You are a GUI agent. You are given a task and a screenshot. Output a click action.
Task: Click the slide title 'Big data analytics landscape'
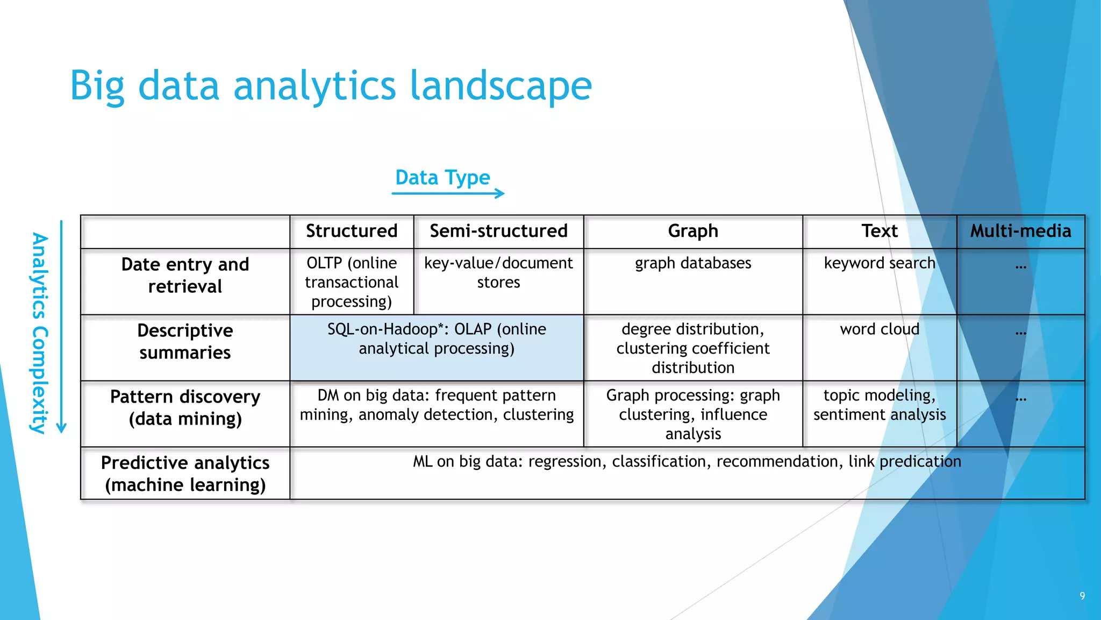click(x=331, y=86)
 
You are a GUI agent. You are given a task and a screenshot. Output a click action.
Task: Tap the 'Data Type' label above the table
click(x=442, y=178)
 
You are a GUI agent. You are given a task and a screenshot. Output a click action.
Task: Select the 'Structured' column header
click(x=352, y=231)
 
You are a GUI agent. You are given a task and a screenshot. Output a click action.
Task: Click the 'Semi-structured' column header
click(x=498, y=231)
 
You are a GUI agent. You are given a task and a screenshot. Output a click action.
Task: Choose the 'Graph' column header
click(x=693, y=231)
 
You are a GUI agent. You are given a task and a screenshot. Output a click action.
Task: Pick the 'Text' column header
click(x=880, y=231)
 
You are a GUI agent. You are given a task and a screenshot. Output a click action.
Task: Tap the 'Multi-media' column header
click(x=1020, y=231)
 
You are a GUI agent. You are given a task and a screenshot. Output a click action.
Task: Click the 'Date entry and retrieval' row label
click(x=185, y=276)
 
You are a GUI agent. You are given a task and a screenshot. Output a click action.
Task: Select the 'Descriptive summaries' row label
click(x=185, y=341)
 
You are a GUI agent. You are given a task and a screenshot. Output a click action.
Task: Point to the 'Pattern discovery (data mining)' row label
click(x=185, y=407)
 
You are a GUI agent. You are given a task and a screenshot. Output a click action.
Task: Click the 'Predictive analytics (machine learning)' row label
click(x=185, y=474)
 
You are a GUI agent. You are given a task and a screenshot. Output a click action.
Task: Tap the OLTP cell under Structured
click(x=352, y=282)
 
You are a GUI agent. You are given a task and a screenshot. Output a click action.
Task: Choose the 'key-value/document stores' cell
click(x=498, y=272)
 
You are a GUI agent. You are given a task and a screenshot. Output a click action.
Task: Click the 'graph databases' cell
click(x=693, y=263)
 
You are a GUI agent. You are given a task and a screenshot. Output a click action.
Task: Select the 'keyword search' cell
click(x=880, y=263)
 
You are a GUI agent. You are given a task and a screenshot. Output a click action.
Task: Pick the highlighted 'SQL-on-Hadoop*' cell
click(x=437, y=339)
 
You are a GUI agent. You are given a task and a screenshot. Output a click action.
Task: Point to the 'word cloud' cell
click(x=880, y=329)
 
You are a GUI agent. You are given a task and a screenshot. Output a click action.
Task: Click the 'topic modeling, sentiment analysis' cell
click(x=880, y=405)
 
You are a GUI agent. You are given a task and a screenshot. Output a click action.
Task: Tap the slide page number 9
click(x=1082, y=596)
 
